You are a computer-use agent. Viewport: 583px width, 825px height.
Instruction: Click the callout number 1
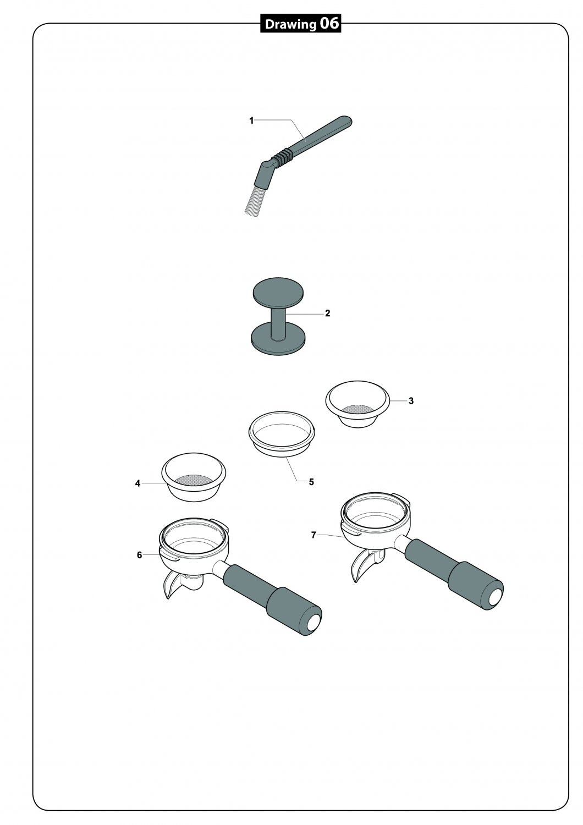tap(251, 120)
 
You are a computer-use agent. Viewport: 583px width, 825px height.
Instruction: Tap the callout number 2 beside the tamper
tap(327, 313)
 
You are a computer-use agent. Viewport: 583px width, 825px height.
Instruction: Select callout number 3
tap(411, 401)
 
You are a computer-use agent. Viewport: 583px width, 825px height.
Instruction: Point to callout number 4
tap(137, 483)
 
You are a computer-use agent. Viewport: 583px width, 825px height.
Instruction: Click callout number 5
tap(311, 482)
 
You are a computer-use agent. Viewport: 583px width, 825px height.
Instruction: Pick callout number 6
tap(139, 555)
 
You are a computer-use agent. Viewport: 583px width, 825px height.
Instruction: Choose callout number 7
tap(314, 535)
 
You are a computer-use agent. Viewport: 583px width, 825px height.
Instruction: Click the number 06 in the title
tap(329, 24)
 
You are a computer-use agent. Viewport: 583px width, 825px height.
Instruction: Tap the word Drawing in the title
tap(290, 25)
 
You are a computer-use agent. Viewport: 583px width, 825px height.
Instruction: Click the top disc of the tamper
tap(278, 294)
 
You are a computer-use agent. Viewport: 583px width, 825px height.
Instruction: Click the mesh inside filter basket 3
tap(358, 409)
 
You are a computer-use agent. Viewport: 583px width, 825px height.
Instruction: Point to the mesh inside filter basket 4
tap(194, 480)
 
